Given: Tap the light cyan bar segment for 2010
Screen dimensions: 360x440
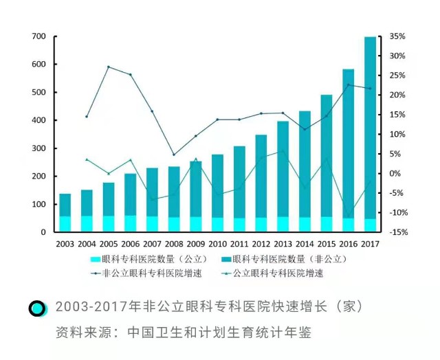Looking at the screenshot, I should coord(217,225).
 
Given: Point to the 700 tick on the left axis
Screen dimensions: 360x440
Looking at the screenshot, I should coord(38,36).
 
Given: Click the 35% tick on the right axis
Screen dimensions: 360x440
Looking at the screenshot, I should coord(397,36).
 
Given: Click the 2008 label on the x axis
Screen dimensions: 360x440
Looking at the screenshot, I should coord(173,244).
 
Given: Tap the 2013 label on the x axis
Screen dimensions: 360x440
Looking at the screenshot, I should coord(283,244).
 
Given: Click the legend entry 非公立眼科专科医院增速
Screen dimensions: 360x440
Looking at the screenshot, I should coord(137,273).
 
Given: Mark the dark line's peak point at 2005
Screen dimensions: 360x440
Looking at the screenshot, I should coord(109,67).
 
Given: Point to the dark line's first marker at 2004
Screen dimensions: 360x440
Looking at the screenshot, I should coord(87,117).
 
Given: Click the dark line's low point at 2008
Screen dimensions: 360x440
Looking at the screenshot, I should coord(174,155).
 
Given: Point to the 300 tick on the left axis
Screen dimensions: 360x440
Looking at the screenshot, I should coord(38,148).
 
